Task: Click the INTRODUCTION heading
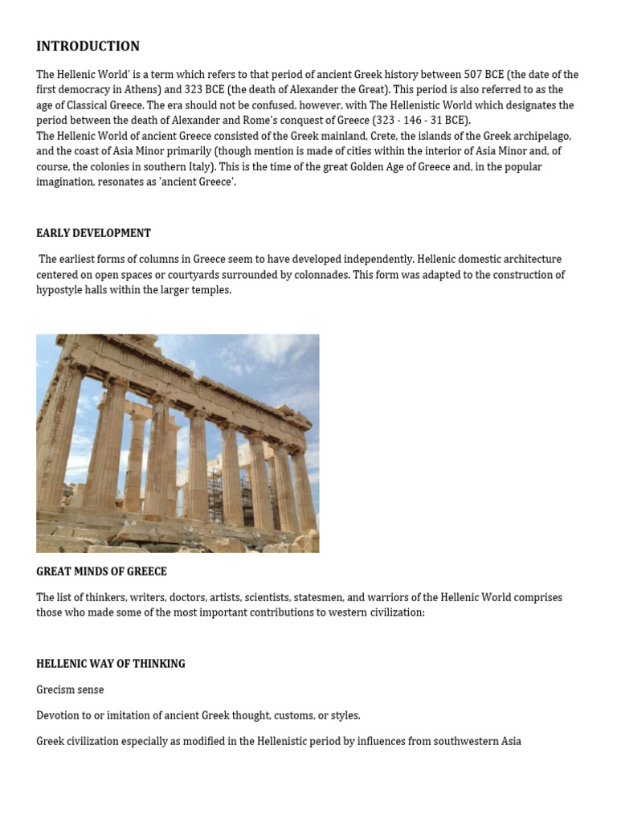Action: [x=88, y=47]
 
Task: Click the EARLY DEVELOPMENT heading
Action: [x=93, y=233]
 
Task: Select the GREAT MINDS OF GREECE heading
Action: [x=101, y=571]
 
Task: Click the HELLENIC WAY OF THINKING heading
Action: [x=111, y=664]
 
